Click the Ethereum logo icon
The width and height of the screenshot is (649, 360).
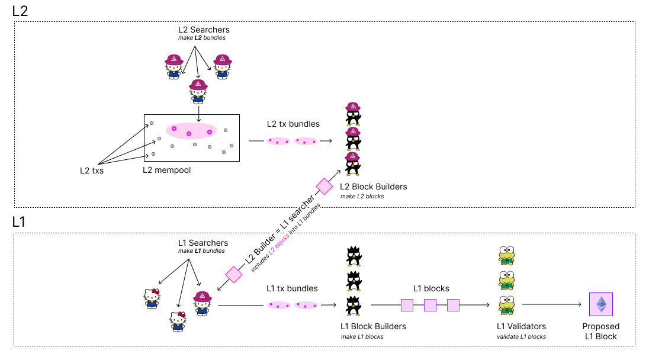tap(601, 304)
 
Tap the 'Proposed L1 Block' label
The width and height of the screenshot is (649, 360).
tap(601, 331)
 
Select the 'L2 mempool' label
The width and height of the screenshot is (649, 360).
tap(166, 170)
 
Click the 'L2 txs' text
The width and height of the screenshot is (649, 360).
tap(92, 171)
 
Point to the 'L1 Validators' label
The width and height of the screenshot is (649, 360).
tap(521, 326)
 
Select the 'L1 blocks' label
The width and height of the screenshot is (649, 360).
tap(431, 288)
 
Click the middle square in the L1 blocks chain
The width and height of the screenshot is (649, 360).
tap(430, 305)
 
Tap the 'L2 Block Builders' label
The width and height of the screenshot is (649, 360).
tap(373, 187)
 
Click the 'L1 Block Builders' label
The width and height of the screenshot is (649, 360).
tap(373, 326)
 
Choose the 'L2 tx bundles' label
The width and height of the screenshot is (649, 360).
tap(293, 124)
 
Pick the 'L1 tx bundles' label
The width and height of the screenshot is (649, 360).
tap(292, 288)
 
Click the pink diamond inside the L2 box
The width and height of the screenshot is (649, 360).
tap(324, 187)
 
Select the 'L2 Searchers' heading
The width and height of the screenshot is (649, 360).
tap(204, 29)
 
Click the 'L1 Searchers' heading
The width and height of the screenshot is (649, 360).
tap(203, 243)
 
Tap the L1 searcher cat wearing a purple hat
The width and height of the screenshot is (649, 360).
tap(203, 303)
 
